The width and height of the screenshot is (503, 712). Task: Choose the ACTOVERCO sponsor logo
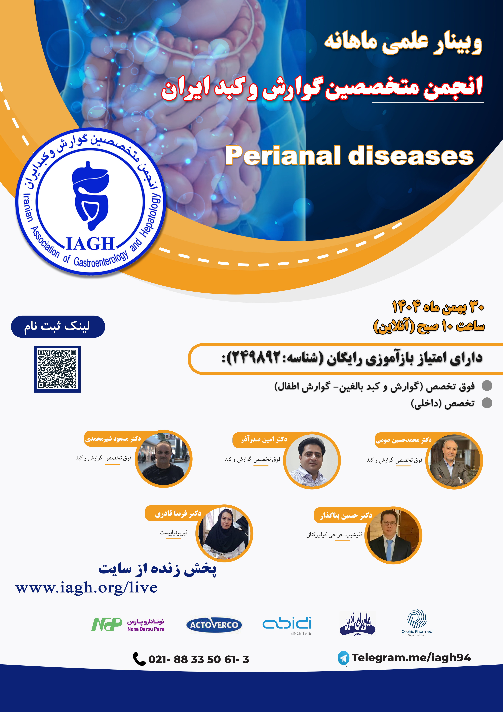click(214, 625)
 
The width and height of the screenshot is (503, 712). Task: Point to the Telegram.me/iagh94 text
click(411, 657)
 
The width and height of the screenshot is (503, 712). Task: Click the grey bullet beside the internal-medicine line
click(487, 403)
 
